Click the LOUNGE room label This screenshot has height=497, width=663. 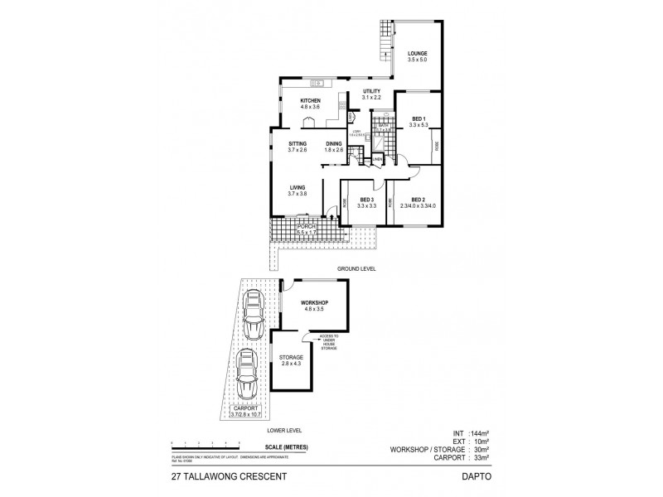[x=416, y=54]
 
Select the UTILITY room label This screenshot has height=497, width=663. [x=371, y=91]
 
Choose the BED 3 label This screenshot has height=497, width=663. [x=366, y=199]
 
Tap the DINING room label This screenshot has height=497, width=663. [x=334, y=144]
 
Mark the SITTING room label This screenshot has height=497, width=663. [x=297, y=144]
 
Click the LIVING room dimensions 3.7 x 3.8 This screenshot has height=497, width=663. [x=298, y=194]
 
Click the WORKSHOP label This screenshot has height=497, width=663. [x=316, y=303]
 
